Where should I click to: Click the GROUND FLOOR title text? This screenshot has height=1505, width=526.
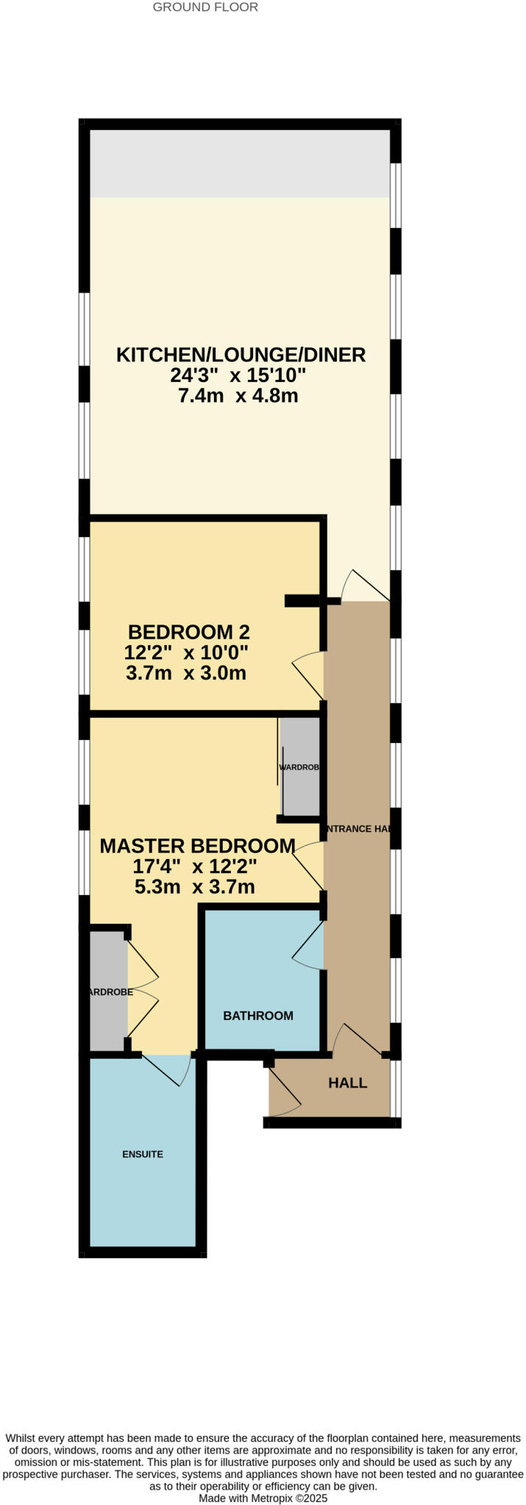205,7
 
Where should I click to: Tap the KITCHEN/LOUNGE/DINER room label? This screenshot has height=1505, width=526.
241,355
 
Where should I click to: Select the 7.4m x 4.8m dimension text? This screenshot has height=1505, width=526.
238,397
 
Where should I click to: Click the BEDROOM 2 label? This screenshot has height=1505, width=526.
189,632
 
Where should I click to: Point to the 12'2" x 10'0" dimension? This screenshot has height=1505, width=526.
186,653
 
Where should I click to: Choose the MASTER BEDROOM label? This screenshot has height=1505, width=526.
197,846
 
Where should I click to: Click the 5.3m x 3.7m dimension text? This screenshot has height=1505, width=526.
195,887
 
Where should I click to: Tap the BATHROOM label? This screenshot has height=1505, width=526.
258,1016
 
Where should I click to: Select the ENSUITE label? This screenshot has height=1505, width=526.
143,1154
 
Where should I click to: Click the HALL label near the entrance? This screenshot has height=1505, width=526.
347,1083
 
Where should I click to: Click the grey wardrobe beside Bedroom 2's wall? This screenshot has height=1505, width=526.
300,767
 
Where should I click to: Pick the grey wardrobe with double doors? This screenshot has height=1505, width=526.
107,991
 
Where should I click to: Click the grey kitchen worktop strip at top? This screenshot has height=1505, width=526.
240,164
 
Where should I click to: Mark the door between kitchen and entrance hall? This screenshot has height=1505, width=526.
364,586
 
